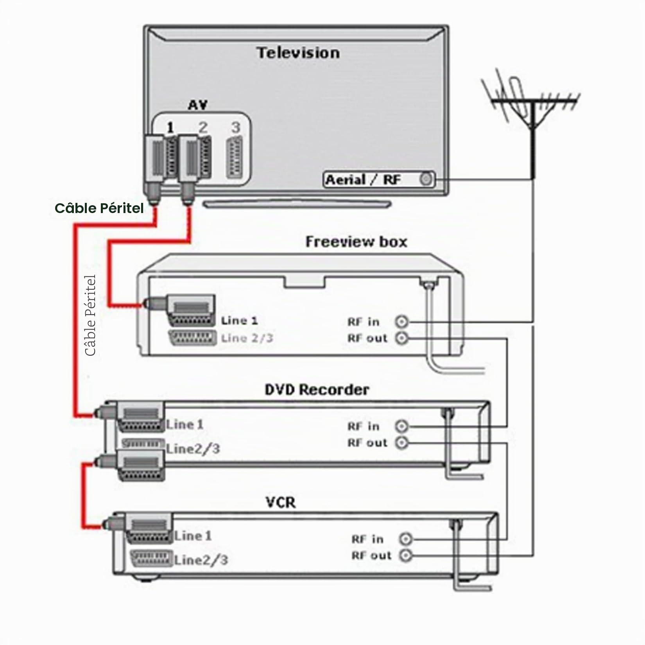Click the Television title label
pyautogui.click(x=298, y=53)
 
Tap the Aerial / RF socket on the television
pyautogui.click(x=426, y=179)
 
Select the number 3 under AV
pyautogui.click(x=235, y=127)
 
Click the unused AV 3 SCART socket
pyautogui.click(x=236, y=158)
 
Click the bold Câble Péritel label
pyautogui.click(x=99, y=208)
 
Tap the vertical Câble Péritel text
pyautogui.click(x=90, y=315)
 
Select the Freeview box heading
pyautogui.click(x=356, y=242)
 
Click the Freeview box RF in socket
pyautogui.click(x=401, y=322)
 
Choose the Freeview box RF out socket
pyautogui.click(x=401, y=338)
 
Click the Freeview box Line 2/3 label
pyautogui.click(x=247, y=338)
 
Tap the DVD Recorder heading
pyautogui.click(x=317, y=390)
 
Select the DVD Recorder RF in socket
pyautogui.click(x=401, y=426)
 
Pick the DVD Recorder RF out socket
pyautogui.click(x=401, y=443)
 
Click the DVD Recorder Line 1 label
pyautogui.click(x=185, y=425)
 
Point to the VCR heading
pyautogui.click(x=281, y=502)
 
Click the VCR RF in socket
pyautogui.click(x=405, y=539)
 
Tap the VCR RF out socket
pyautogui.click(x=405, y=555)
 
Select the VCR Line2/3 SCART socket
pyautogui.click(x=151, y=558)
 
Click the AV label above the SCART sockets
pyautogui.click(x=197, y=105)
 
